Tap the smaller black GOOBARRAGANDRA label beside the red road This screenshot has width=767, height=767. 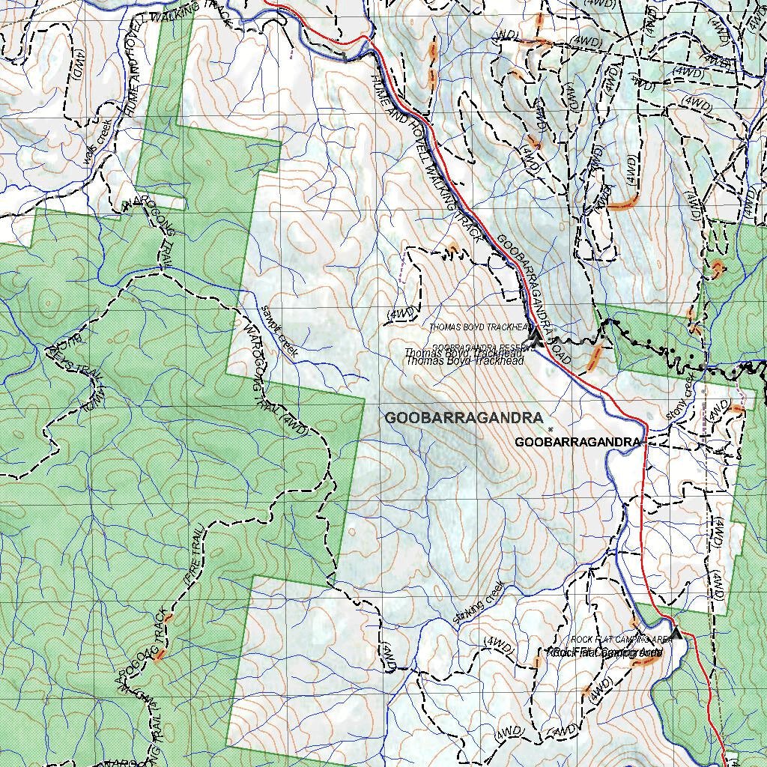(577, 443)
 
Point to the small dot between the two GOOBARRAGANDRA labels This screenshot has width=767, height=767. (551, 429)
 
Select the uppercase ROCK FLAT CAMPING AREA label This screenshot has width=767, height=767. (621, 640)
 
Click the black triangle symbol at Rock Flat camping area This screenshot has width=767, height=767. (676, 634)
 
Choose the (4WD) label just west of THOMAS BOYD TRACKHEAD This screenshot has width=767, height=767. (401, 312)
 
